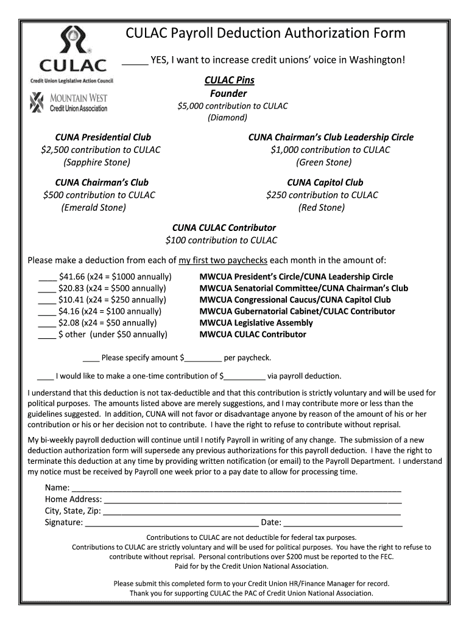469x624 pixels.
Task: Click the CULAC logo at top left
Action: [x=72, y=55]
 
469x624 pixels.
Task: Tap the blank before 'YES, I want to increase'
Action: [x=135, y=61]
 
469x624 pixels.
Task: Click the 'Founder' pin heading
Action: [x=228, y=93]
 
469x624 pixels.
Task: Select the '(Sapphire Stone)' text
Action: [x=97, y=162]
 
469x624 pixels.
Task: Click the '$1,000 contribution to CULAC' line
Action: [x=330, y=150]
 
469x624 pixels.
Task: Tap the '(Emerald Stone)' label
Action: [x=94, y=208]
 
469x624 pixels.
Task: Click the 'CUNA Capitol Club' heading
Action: [x=325, y=182]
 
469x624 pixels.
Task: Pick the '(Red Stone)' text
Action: [x=322, y=208]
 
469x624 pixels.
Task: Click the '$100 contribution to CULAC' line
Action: [x=221, y=240]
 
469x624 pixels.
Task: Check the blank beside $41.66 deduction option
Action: [x=47, y=277]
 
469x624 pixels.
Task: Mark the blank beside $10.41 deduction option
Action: [x=47, y=300]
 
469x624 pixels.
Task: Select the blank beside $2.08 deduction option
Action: [x=47, y=324]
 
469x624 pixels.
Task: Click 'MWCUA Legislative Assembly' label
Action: [x=256, y=323]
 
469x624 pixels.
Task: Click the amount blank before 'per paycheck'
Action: [x=203, y=358]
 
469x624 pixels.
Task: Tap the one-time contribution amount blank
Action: [x=245, y=376]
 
